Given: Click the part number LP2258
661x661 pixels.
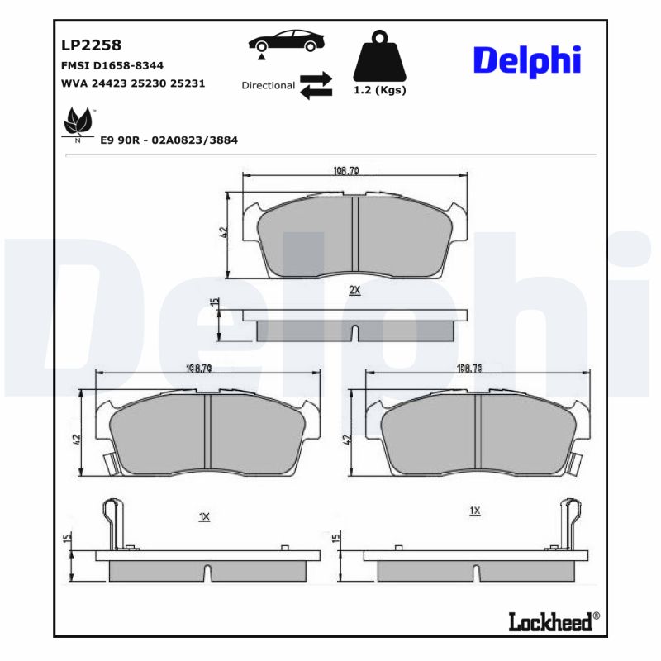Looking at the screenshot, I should click(92, 45).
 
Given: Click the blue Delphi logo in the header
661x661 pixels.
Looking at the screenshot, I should click(527, 59).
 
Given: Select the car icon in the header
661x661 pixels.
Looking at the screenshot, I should click(285, 42).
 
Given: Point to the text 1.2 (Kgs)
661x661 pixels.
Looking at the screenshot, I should click(380, 91).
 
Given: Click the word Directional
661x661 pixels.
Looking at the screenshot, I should click(268, 85).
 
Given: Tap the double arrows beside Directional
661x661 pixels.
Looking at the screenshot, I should click(316, 85).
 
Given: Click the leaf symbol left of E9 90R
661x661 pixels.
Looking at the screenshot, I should click(78, 124).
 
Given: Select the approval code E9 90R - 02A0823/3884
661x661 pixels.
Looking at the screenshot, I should click(169, 140).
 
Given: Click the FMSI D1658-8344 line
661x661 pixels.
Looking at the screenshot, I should click(112, 64).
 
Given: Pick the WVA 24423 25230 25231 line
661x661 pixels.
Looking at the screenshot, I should click(133, 83).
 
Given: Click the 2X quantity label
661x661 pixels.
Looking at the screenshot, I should click(354, 291).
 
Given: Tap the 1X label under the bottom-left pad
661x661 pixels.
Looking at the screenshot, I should click(205, 516).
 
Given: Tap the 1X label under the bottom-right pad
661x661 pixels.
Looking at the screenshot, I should click(474, 511).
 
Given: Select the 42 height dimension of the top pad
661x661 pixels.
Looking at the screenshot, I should click(223, 234).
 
